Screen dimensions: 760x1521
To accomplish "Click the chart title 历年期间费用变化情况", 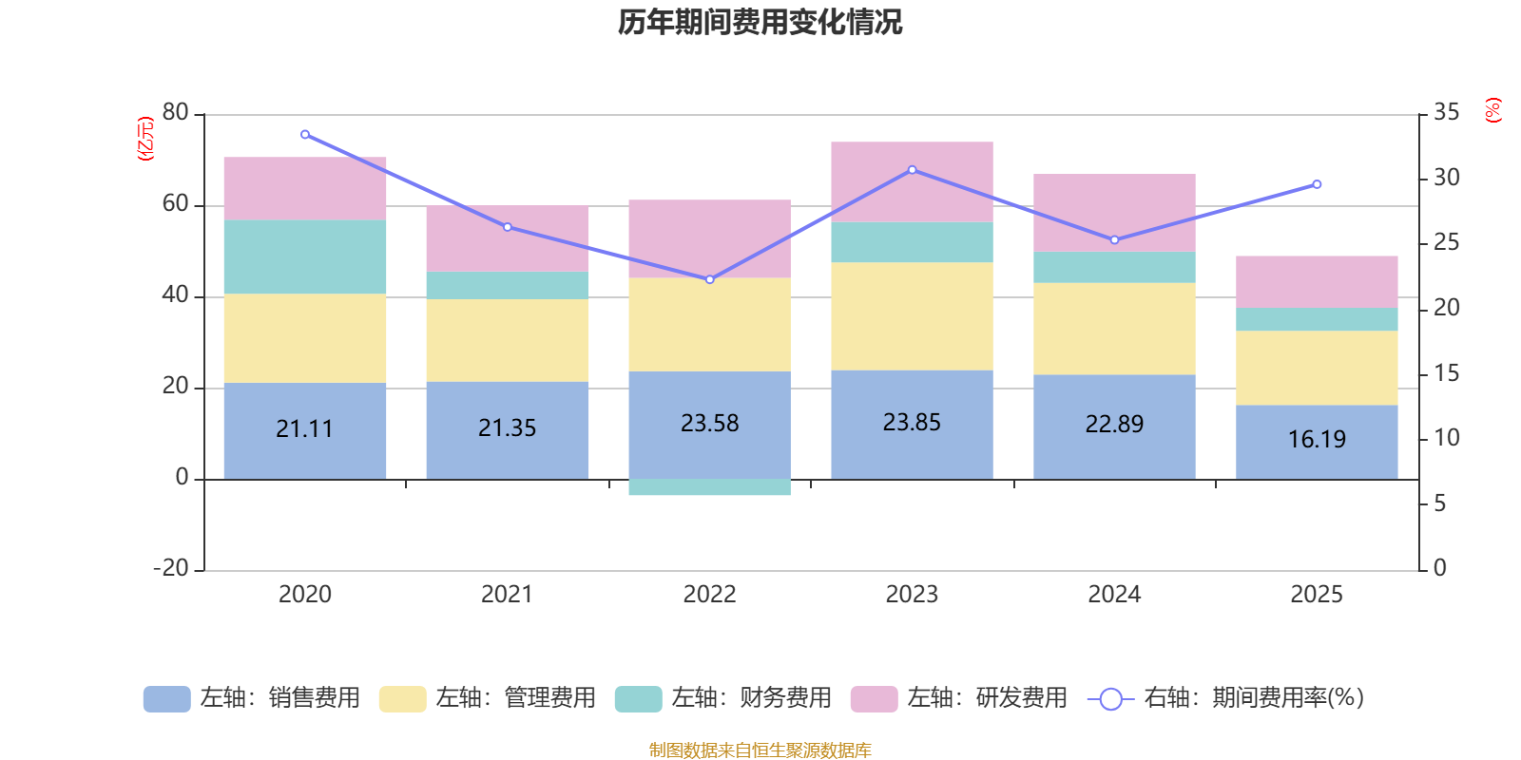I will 760,22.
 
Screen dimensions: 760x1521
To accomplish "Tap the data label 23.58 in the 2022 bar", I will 709,423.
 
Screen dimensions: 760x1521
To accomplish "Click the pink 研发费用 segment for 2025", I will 1317,281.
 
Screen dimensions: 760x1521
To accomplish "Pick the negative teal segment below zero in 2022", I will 709,487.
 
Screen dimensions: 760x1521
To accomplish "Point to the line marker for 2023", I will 912,170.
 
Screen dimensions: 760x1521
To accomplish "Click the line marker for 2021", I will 508,227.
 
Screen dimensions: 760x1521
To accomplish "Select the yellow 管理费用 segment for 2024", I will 1114,328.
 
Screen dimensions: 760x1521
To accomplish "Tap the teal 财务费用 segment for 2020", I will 304,256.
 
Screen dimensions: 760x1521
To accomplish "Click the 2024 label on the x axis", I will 1114,595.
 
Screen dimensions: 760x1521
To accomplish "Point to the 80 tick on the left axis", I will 176,113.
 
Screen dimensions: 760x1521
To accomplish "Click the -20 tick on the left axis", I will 171,568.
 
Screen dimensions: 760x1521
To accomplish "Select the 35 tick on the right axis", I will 1446,113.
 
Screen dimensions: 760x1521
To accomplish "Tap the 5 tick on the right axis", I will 1440,503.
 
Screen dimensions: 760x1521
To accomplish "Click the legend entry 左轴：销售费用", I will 252,698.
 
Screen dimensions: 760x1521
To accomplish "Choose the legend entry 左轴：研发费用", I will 959,698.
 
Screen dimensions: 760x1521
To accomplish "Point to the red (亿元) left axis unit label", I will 144,139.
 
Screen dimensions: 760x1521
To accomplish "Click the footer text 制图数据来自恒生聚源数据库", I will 760,750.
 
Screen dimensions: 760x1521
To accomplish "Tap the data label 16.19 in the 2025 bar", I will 1317,439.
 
